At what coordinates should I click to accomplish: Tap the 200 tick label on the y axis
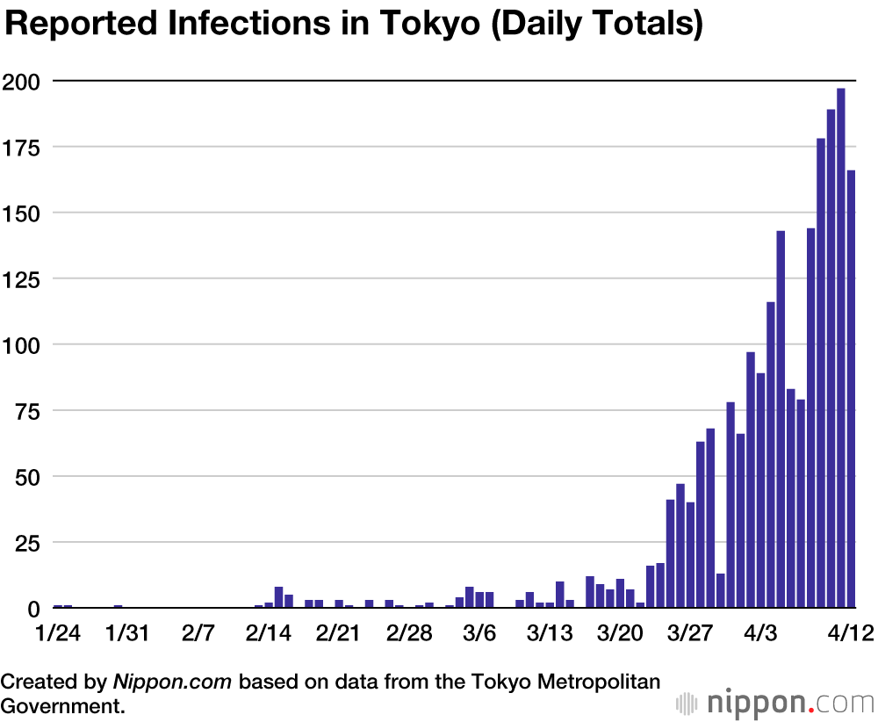[x=23, y=82]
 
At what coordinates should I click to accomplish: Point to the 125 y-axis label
[x=23, y=278]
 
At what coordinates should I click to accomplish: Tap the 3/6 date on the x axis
[x=479, y=633]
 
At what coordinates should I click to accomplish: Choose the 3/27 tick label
[x=690, y=633]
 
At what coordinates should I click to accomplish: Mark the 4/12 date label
[x=849, y=633]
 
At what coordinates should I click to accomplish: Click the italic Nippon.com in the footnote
[x=174, y=681]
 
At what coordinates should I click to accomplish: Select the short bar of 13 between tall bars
[x=721, y=590]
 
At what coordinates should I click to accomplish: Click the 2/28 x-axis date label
[x=409, y=633]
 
